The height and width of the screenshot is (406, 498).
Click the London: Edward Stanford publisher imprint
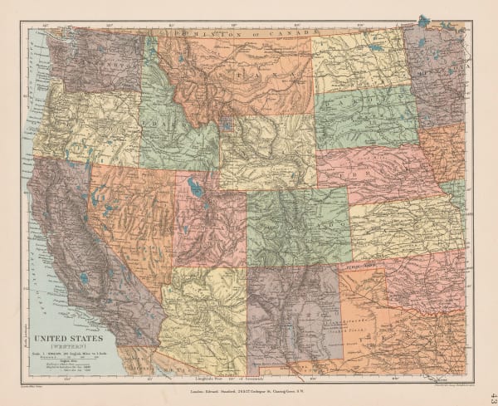pos(249,389)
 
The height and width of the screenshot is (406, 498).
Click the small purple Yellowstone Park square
pos(227,127)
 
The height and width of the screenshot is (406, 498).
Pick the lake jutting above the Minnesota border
pos(425,19)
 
